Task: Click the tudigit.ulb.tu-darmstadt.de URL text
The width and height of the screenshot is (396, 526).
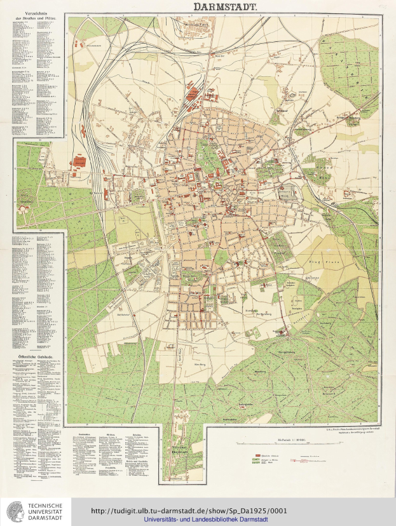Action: (x=189, y=509)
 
